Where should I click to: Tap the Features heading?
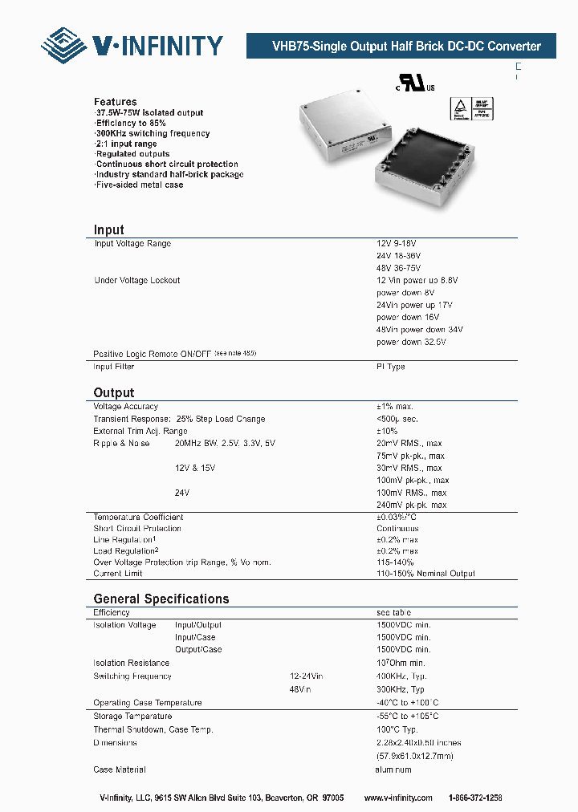116,102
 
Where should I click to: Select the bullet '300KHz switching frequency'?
153,133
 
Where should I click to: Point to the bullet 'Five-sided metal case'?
139,185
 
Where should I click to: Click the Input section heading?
109,229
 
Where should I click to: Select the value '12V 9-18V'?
397,243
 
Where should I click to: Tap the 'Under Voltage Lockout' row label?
137,280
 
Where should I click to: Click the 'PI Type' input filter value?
391,367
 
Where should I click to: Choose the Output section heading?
114,392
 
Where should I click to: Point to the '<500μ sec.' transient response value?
399,419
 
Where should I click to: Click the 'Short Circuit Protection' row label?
137,529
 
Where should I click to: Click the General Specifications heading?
161,599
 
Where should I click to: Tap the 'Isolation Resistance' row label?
132,663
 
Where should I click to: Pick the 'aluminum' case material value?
394,769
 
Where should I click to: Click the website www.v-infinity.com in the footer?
398,798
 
